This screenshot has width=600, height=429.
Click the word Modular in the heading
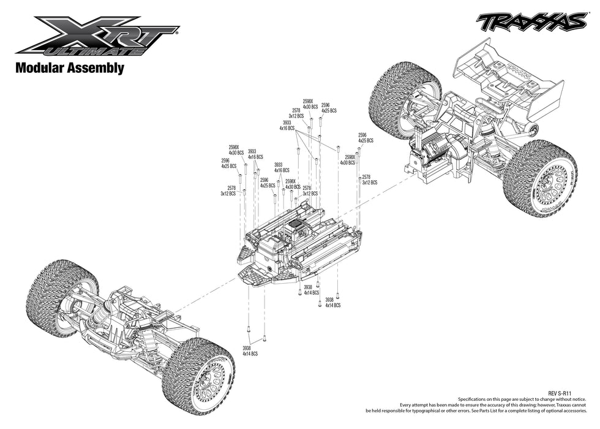[x=42, y=68]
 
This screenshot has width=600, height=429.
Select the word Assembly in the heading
[x=97, y=69]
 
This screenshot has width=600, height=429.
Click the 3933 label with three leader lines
[x=287, y=126]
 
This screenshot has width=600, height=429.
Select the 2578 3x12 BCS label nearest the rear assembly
[x=369, y=180]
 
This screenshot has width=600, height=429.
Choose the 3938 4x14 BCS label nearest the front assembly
[x=250, y=351]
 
